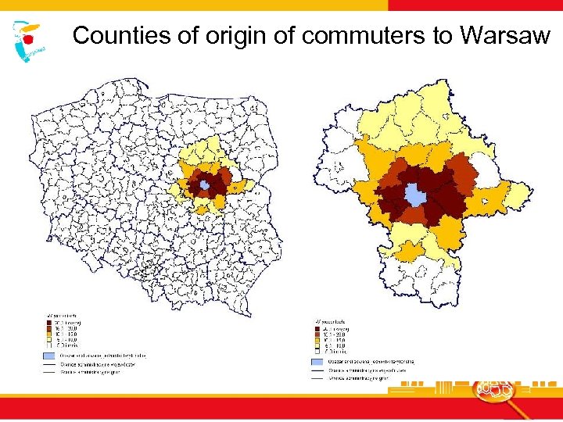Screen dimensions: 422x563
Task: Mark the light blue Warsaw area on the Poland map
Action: [205, 184]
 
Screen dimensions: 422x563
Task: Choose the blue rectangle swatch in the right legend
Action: [317, 362]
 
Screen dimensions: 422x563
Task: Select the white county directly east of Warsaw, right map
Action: [486, 174]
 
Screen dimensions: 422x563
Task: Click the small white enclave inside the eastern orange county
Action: [490, 202]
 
